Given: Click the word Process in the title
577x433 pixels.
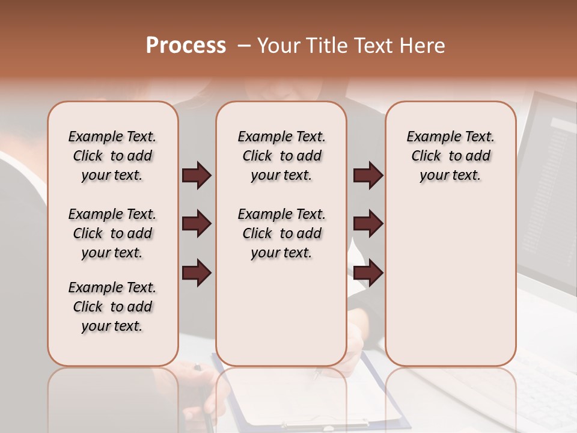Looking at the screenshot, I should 186,45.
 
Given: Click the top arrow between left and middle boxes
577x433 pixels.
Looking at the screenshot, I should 197,175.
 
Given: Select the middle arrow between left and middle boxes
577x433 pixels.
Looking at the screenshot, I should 197,224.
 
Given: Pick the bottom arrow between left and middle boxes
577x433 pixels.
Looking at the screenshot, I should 197,274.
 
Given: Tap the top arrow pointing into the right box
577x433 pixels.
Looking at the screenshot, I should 368,175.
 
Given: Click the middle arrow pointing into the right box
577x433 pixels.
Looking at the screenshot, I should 368,224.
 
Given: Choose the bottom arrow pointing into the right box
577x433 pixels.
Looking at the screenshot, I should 368,274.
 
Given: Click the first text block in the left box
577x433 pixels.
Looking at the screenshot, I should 112,156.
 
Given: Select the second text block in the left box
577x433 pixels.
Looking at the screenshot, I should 112,233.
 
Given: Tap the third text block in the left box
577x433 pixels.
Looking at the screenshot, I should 112,307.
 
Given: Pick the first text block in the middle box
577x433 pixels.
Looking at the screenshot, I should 281,156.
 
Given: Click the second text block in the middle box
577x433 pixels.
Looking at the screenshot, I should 281,233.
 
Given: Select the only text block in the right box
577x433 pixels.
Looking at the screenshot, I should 450,156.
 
